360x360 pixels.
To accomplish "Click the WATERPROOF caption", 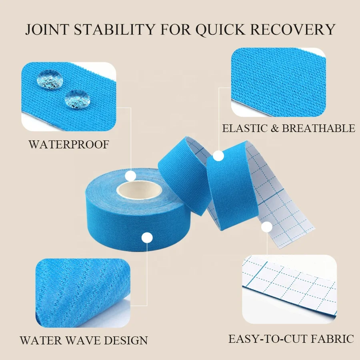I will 68,144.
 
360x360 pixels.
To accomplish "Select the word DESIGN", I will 128,340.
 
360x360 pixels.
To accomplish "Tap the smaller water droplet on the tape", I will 77,98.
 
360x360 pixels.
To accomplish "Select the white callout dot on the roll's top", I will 130,175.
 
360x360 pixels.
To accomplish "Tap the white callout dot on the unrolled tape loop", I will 218,156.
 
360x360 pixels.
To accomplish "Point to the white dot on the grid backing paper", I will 267,227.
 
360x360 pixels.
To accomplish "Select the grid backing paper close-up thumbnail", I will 289,289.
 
